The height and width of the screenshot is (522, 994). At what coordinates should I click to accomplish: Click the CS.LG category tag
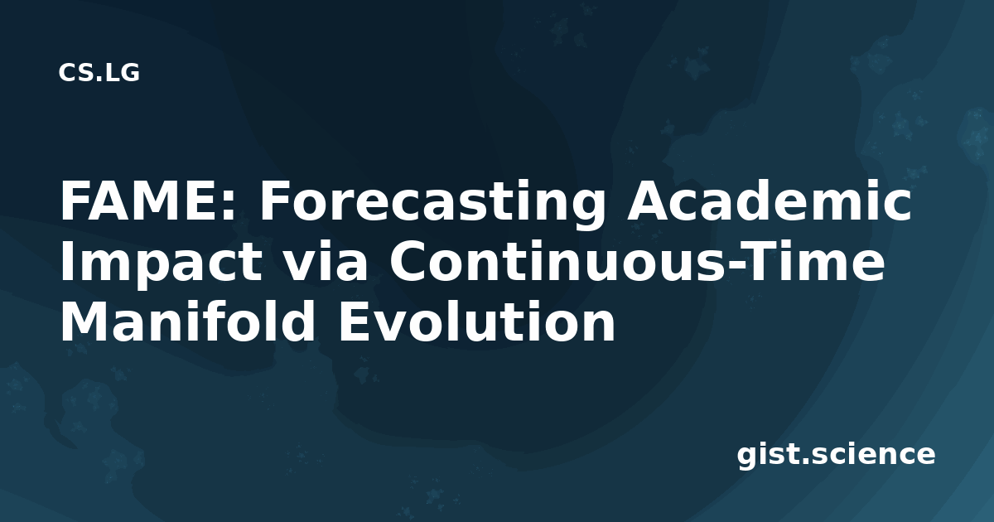pos(99,72)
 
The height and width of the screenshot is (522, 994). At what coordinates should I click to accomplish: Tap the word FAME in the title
pos(141,201)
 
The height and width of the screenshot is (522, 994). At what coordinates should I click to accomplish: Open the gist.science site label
pos(836,456)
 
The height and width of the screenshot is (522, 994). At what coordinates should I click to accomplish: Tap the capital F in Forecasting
pos(273,201)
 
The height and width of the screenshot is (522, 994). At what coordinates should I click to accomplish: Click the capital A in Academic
pos(647,201)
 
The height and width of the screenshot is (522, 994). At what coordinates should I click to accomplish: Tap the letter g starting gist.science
pos(749,457)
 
